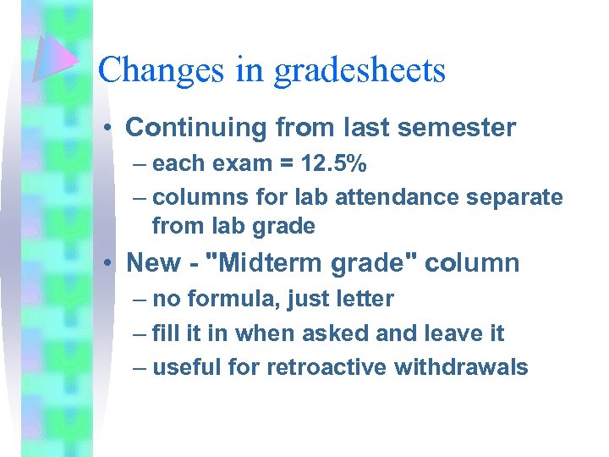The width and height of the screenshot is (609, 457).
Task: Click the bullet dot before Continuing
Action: (x=111, y=129)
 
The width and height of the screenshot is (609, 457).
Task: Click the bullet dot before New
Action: (x=111, y=263)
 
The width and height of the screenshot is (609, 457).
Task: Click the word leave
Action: (x=447, y=333)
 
